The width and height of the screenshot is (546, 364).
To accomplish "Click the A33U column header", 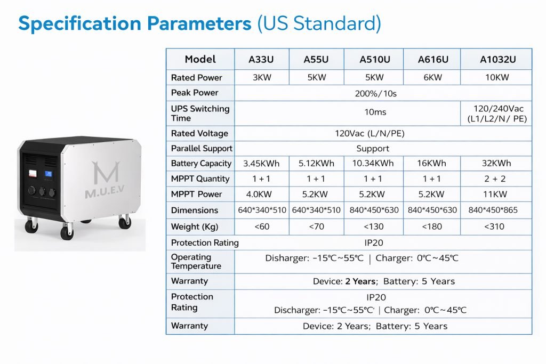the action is click(261, 60).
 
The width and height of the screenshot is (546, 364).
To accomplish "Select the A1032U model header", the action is click(497, 60).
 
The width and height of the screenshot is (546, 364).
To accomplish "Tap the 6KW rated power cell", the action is click(432, 77).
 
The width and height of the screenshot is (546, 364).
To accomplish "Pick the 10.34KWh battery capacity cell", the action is click(373, 163).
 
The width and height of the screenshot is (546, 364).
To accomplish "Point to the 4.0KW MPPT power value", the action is click(259, 194).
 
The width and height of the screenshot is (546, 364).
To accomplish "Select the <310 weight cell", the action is click(494, 227).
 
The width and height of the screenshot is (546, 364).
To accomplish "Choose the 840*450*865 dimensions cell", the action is click(493, 210).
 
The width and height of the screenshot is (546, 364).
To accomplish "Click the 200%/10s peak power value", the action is click(375, 94).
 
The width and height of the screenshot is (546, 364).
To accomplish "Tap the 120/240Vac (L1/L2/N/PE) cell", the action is click(497, 114).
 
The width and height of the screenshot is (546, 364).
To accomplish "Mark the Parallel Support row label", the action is click(202, 149).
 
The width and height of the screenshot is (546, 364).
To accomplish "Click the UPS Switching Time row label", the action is click(200, 114).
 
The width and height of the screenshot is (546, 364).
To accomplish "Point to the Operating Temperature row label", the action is click(196, 261).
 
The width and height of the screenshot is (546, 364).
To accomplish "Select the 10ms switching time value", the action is click(375, 112).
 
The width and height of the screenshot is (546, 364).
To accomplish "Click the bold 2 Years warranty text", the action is click(360, 281).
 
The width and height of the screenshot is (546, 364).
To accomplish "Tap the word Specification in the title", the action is click(80, 23).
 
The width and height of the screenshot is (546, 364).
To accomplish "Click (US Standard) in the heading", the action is click(319, 23).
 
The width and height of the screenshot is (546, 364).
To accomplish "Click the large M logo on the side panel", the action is click(106, 172).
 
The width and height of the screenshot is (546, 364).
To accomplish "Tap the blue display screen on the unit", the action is click(49, 174).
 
